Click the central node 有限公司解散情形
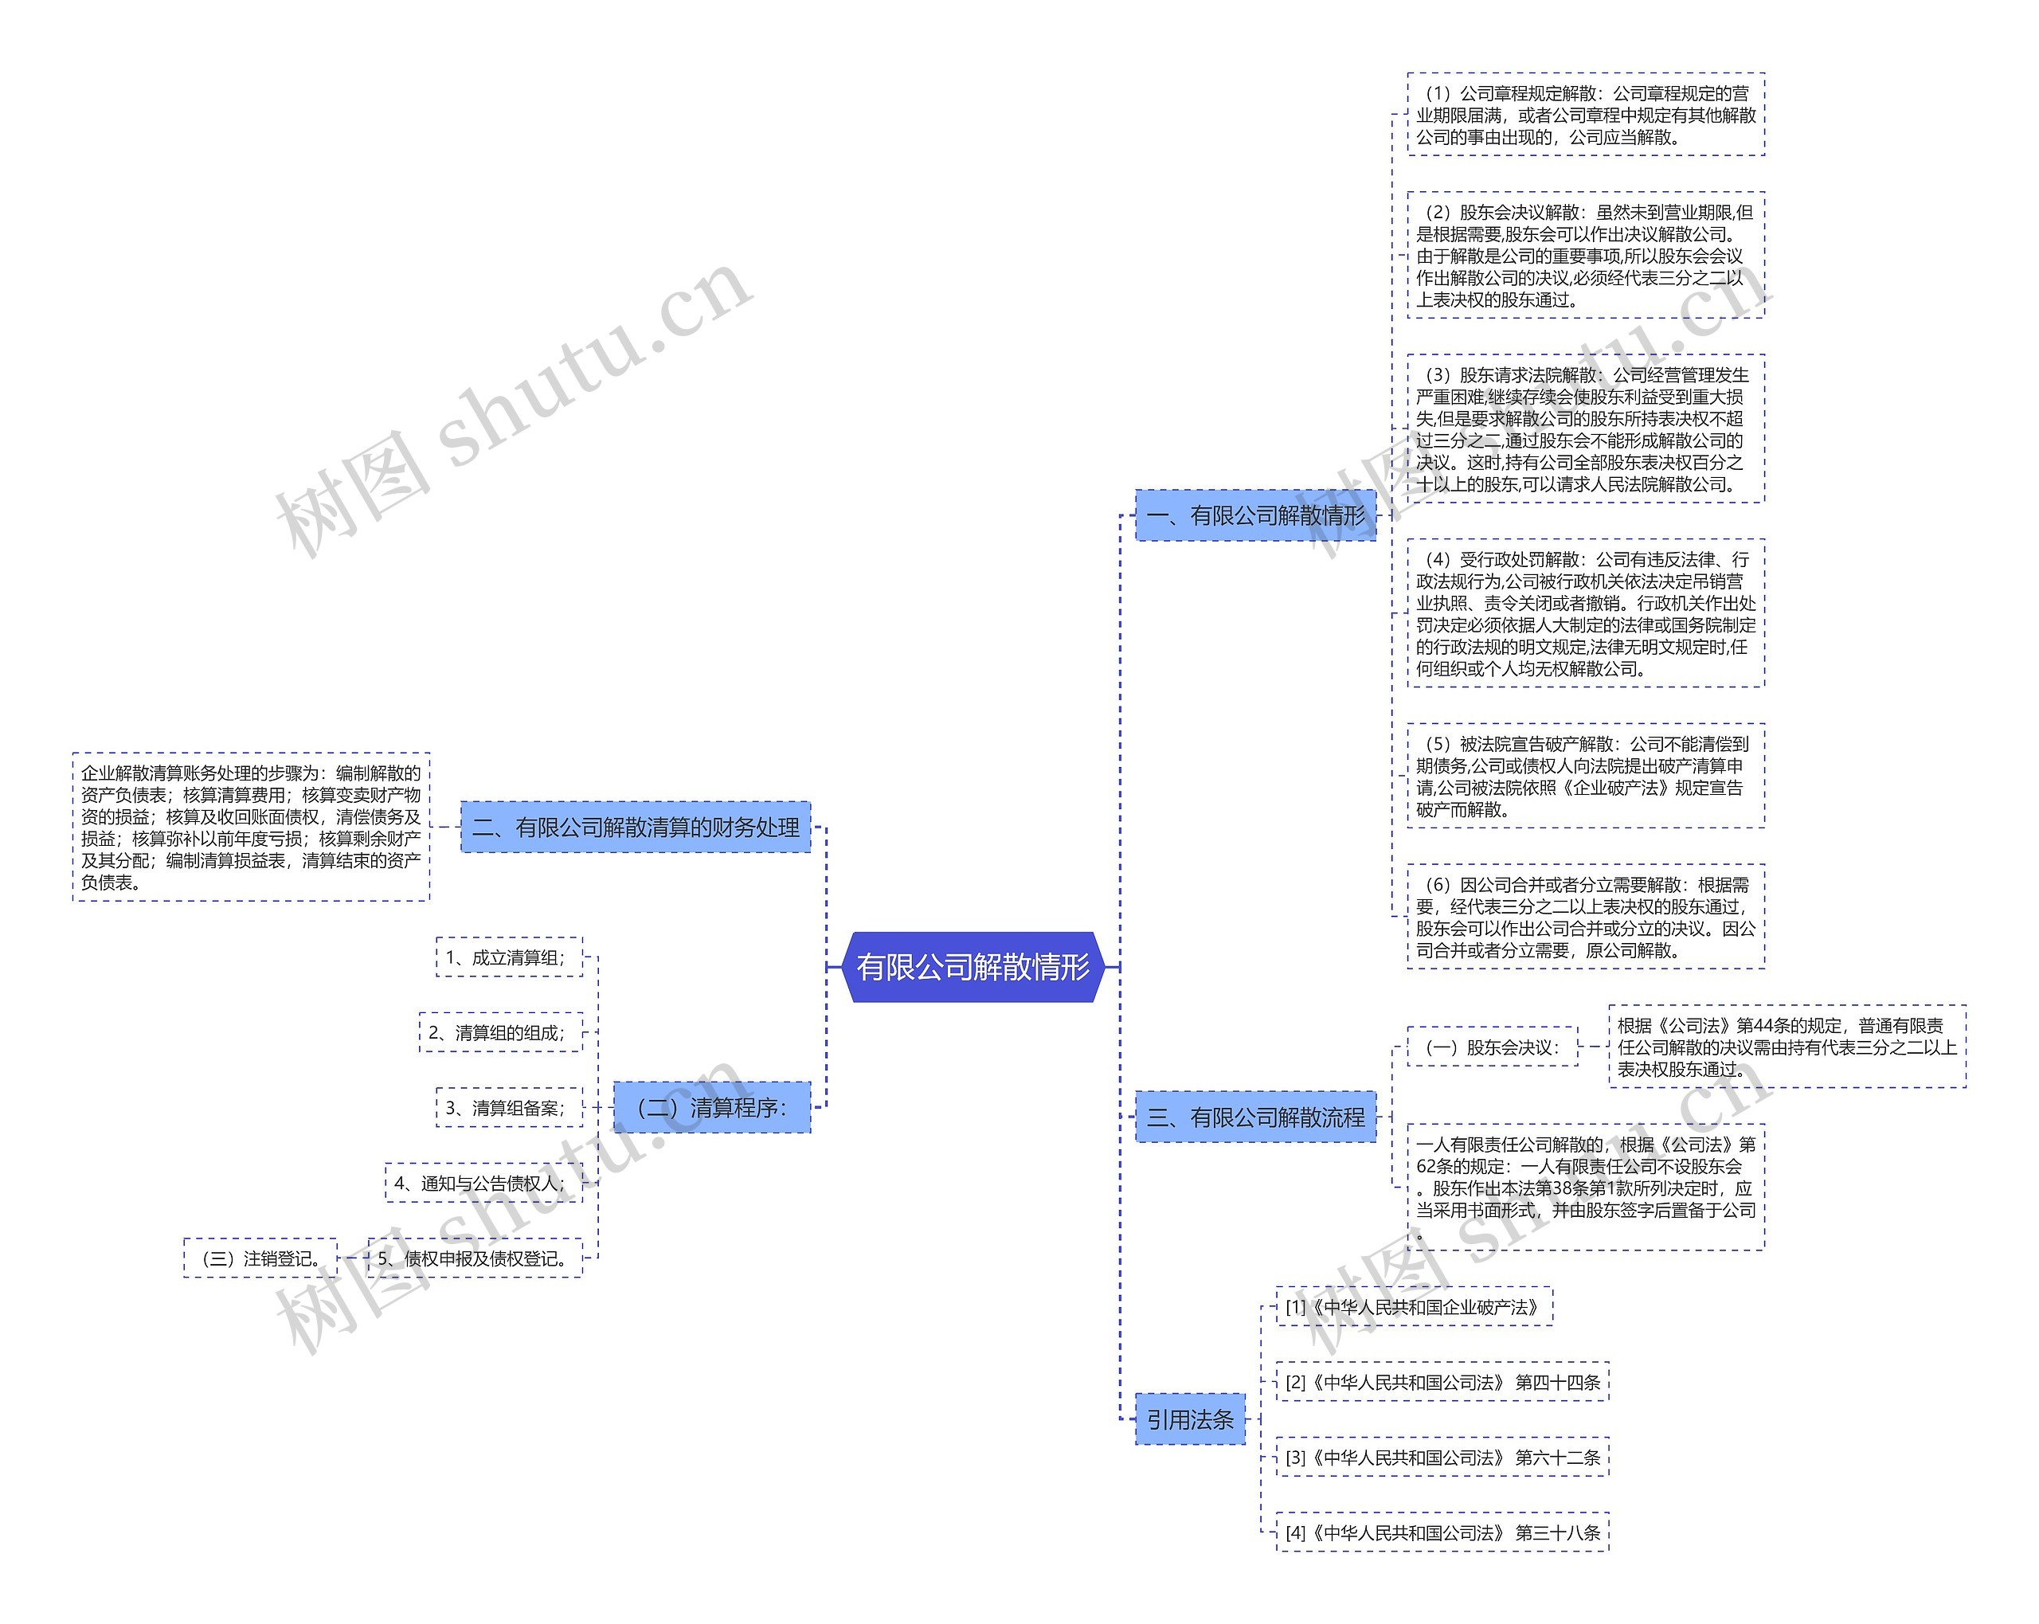(x=973, y=967)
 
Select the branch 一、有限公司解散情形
(x=1255, y=515)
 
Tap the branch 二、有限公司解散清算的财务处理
(x=636, y=828)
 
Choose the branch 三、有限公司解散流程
(x=1255, y=1117)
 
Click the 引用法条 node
(x=1190, y=1419)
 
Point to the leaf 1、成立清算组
(x=509, y=957)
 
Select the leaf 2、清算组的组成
(x=500, y=1032)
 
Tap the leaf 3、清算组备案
(x=509, y=1108)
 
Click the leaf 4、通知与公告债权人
(x=483, y=1182)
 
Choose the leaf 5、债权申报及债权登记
(x=475, y=1258)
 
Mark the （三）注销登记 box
(x=260, y=1258)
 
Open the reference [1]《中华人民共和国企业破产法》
(x=1414, y=1307)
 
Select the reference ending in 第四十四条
(x=1442, y=1382)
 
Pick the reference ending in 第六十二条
(x=1442, y=1458)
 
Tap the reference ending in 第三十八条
(x=1442, y=1532)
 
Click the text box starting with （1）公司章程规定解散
(x=1585, y=115)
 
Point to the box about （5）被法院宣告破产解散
(x=1585, y=777)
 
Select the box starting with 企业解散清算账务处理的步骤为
(x=251, y=828)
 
